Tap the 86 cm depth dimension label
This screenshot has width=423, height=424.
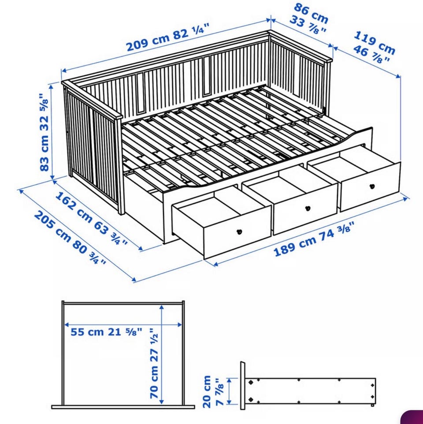pyautogui.click(x=311, y=13)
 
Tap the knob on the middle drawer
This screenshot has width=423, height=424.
pyautogui.click(x=308, y=208)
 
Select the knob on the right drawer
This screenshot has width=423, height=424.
pyautogui.click(x=372, y=186)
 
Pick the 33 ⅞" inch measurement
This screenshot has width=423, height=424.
pyautogui.click(x=308, y=25)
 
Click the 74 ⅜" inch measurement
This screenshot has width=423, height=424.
pyautogui.click(x=338, y=231)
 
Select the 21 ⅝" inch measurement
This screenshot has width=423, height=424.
pyautogui.click(x=125, y=332)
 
